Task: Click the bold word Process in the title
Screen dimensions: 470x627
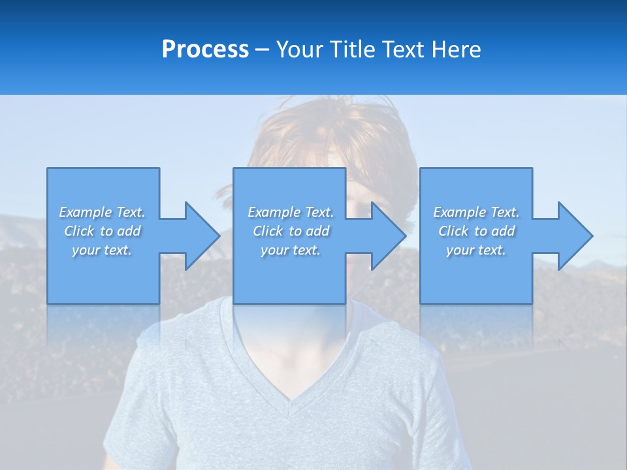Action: (205, 50)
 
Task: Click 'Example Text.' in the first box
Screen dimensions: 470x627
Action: (102, 212)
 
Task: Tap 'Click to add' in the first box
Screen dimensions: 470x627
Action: (102, 231)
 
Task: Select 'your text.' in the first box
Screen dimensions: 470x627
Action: (102, 250)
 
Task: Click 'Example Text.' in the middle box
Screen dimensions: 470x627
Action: (291, 212)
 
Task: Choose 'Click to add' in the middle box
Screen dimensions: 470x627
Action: (291, 231)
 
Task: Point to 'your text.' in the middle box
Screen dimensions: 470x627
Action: (291, 250)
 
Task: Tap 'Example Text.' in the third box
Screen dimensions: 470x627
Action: (476, 212)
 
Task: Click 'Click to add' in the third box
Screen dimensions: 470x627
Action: (476, 231)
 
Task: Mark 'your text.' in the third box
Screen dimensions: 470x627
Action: (476, 250)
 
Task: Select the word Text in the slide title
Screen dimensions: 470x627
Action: (402, 50)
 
